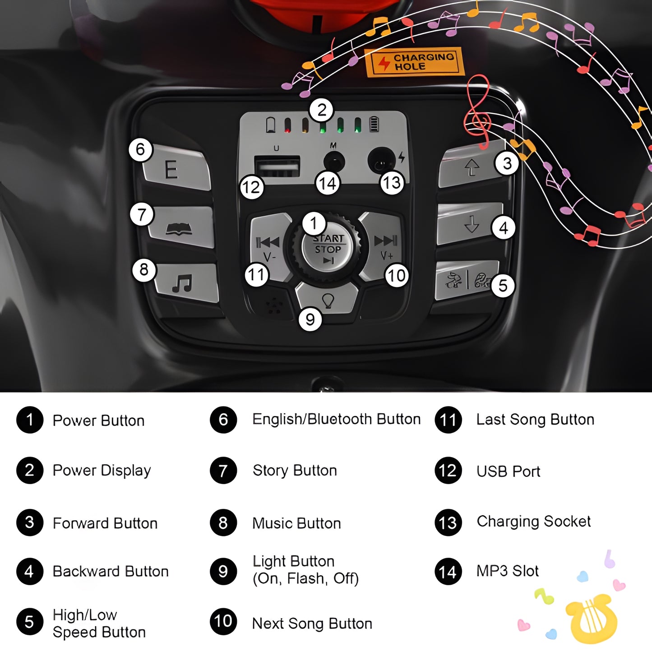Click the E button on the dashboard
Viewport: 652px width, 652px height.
(176, 167)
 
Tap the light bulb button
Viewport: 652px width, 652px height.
(328, 298)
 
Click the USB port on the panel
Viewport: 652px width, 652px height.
(277, 166)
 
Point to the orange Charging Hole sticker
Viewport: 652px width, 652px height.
(414, 61)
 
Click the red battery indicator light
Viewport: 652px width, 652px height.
(287, 125)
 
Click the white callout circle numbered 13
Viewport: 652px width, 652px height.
(392, 183)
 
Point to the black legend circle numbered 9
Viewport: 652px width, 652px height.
(223, 572)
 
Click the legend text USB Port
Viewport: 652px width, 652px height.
(508, 472)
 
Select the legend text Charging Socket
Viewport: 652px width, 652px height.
(534, 522)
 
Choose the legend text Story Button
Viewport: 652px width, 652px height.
(295, 471)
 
